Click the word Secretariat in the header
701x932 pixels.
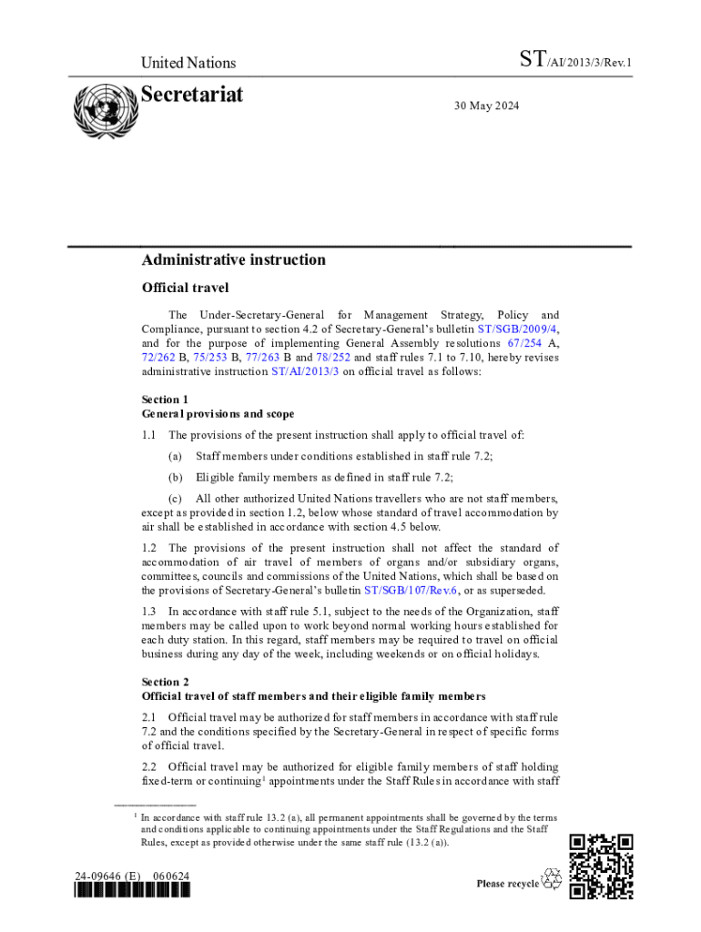[x=192, y=95]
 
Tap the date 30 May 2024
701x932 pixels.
[x=486, y=106]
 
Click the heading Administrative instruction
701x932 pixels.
[x=233, y=260]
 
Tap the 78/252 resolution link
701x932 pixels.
[x=334, y=358]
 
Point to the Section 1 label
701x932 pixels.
[x=165, y=400]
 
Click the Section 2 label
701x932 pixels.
[x=165, y=682]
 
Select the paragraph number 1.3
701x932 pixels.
[x=149, y=612]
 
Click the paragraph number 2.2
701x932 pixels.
[x=149, y=767]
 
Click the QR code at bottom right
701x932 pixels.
[x=601, y=866]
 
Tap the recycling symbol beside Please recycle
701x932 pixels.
[x=552, y=881]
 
